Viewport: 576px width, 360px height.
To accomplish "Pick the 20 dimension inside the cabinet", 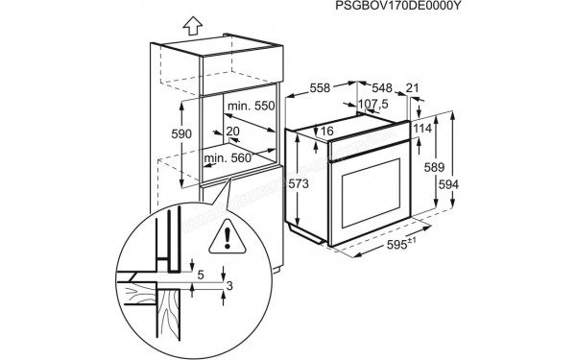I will tap(232, 132).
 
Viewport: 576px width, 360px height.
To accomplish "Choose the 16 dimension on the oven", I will tap(327, 132).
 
